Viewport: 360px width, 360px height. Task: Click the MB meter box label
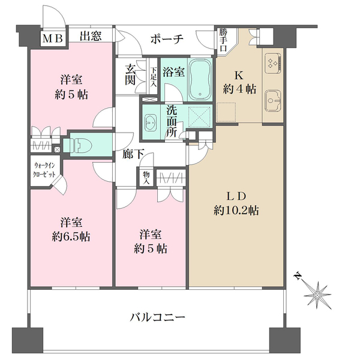[53, 38]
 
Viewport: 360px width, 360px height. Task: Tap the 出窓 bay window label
[91, 36]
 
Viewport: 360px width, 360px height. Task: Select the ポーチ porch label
[167, 39]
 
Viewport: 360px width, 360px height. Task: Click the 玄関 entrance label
[130, 75]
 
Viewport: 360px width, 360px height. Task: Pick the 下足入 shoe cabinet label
[153, 77]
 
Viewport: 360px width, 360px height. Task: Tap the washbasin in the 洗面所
[151, 122]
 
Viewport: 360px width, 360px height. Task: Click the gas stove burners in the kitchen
[273, 62]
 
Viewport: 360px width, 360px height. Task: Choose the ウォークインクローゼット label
[44, 170]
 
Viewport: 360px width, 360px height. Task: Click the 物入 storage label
[146, 178]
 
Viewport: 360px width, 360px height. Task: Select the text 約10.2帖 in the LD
[236, 211]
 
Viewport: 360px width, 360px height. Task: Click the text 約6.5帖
[71, 236]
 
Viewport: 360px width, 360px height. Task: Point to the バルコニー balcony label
[157, 317]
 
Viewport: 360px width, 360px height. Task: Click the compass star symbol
[317, 295]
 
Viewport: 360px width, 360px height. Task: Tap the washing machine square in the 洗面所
[199, 117]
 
